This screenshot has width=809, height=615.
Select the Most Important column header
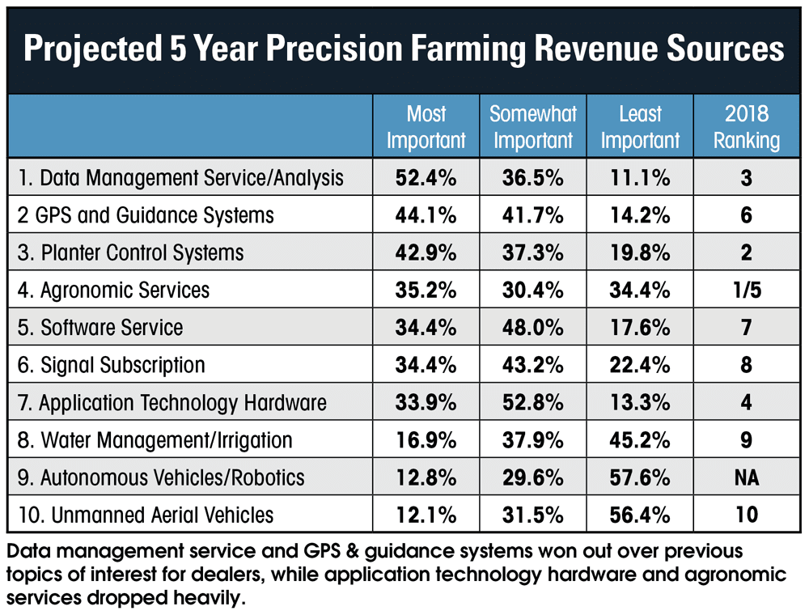coord(426,127)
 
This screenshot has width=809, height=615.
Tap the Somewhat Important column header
coord(532,127)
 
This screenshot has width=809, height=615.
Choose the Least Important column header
coord(640,127)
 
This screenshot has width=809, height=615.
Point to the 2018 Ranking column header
coord(747,127)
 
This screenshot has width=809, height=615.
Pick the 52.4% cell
coord(426,178)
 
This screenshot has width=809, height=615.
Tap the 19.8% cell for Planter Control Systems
coord(640,252)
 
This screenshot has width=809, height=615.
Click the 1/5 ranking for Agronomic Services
coord(747,290)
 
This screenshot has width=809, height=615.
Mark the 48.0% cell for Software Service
coord(532,327)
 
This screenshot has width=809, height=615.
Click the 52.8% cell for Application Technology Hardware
coord(532,402)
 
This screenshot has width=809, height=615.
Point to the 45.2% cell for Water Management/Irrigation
coord(640,439)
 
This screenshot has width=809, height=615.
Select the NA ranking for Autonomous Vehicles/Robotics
coord(747,477)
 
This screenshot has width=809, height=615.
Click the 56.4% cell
coord(640,514)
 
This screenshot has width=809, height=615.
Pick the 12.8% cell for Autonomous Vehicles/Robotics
coord(426,477)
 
